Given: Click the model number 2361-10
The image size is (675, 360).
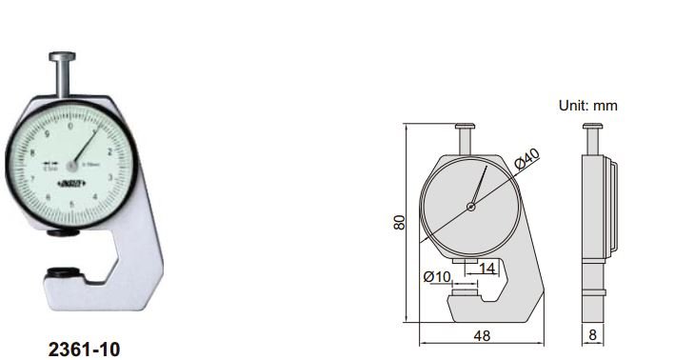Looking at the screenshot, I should [x=84, y=350].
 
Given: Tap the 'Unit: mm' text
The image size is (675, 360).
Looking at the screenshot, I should [x=587, y=106].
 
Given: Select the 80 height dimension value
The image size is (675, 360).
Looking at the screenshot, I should [x=400, y=221].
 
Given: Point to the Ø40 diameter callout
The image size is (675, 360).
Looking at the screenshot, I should [x=526, y=160].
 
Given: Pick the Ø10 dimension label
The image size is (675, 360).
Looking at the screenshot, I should [x=436, y=276].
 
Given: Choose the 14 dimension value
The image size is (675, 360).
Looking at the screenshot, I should [x=487, y=270].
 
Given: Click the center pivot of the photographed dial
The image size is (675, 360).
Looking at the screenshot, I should [x=70, y=163].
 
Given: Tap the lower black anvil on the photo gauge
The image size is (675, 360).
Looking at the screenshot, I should [x=62, y=272].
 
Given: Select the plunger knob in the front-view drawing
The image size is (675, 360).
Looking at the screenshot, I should [x=466, y=127].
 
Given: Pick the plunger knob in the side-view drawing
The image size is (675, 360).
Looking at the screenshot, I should [x=591, y=127].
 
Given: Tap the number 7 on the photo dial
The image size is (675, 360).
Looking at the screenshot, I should [x=33, y=178].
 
